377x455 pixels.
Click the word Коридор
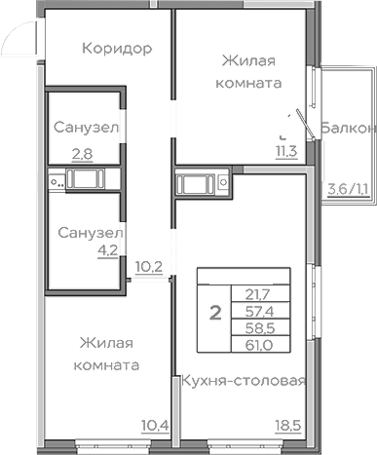(x=116, y=49)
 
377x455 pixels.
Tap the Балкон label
(x=348, y=128)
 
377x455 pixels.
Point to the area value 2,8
(x=82, y=153)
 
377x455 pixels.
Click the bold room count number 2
(x=213, y=314)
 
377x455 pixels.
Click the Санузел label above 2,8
(x=87, y=127)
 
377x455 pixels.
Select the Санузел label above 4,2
(x=87, y=234)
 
